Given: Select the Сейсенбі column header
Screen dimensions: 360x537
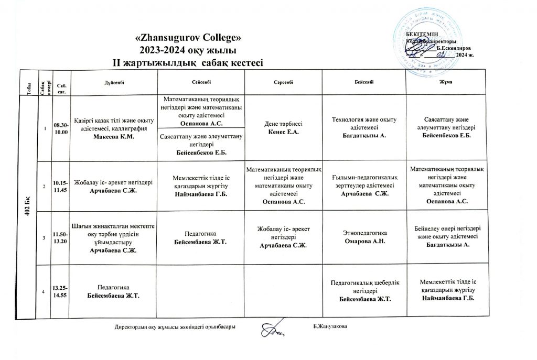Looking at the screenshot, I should [202, 83].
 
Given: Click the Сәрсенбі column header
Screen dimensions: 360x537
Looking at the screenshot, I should [283, 83].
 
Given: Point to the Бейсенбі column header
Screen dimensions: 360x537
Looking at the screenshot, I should [364, 83].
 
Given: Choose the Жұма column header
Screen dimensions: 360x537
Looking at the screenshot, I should [447, 83].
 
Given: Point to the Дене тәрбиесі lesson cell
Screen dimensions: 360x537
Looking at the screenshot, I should [283, 128].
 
